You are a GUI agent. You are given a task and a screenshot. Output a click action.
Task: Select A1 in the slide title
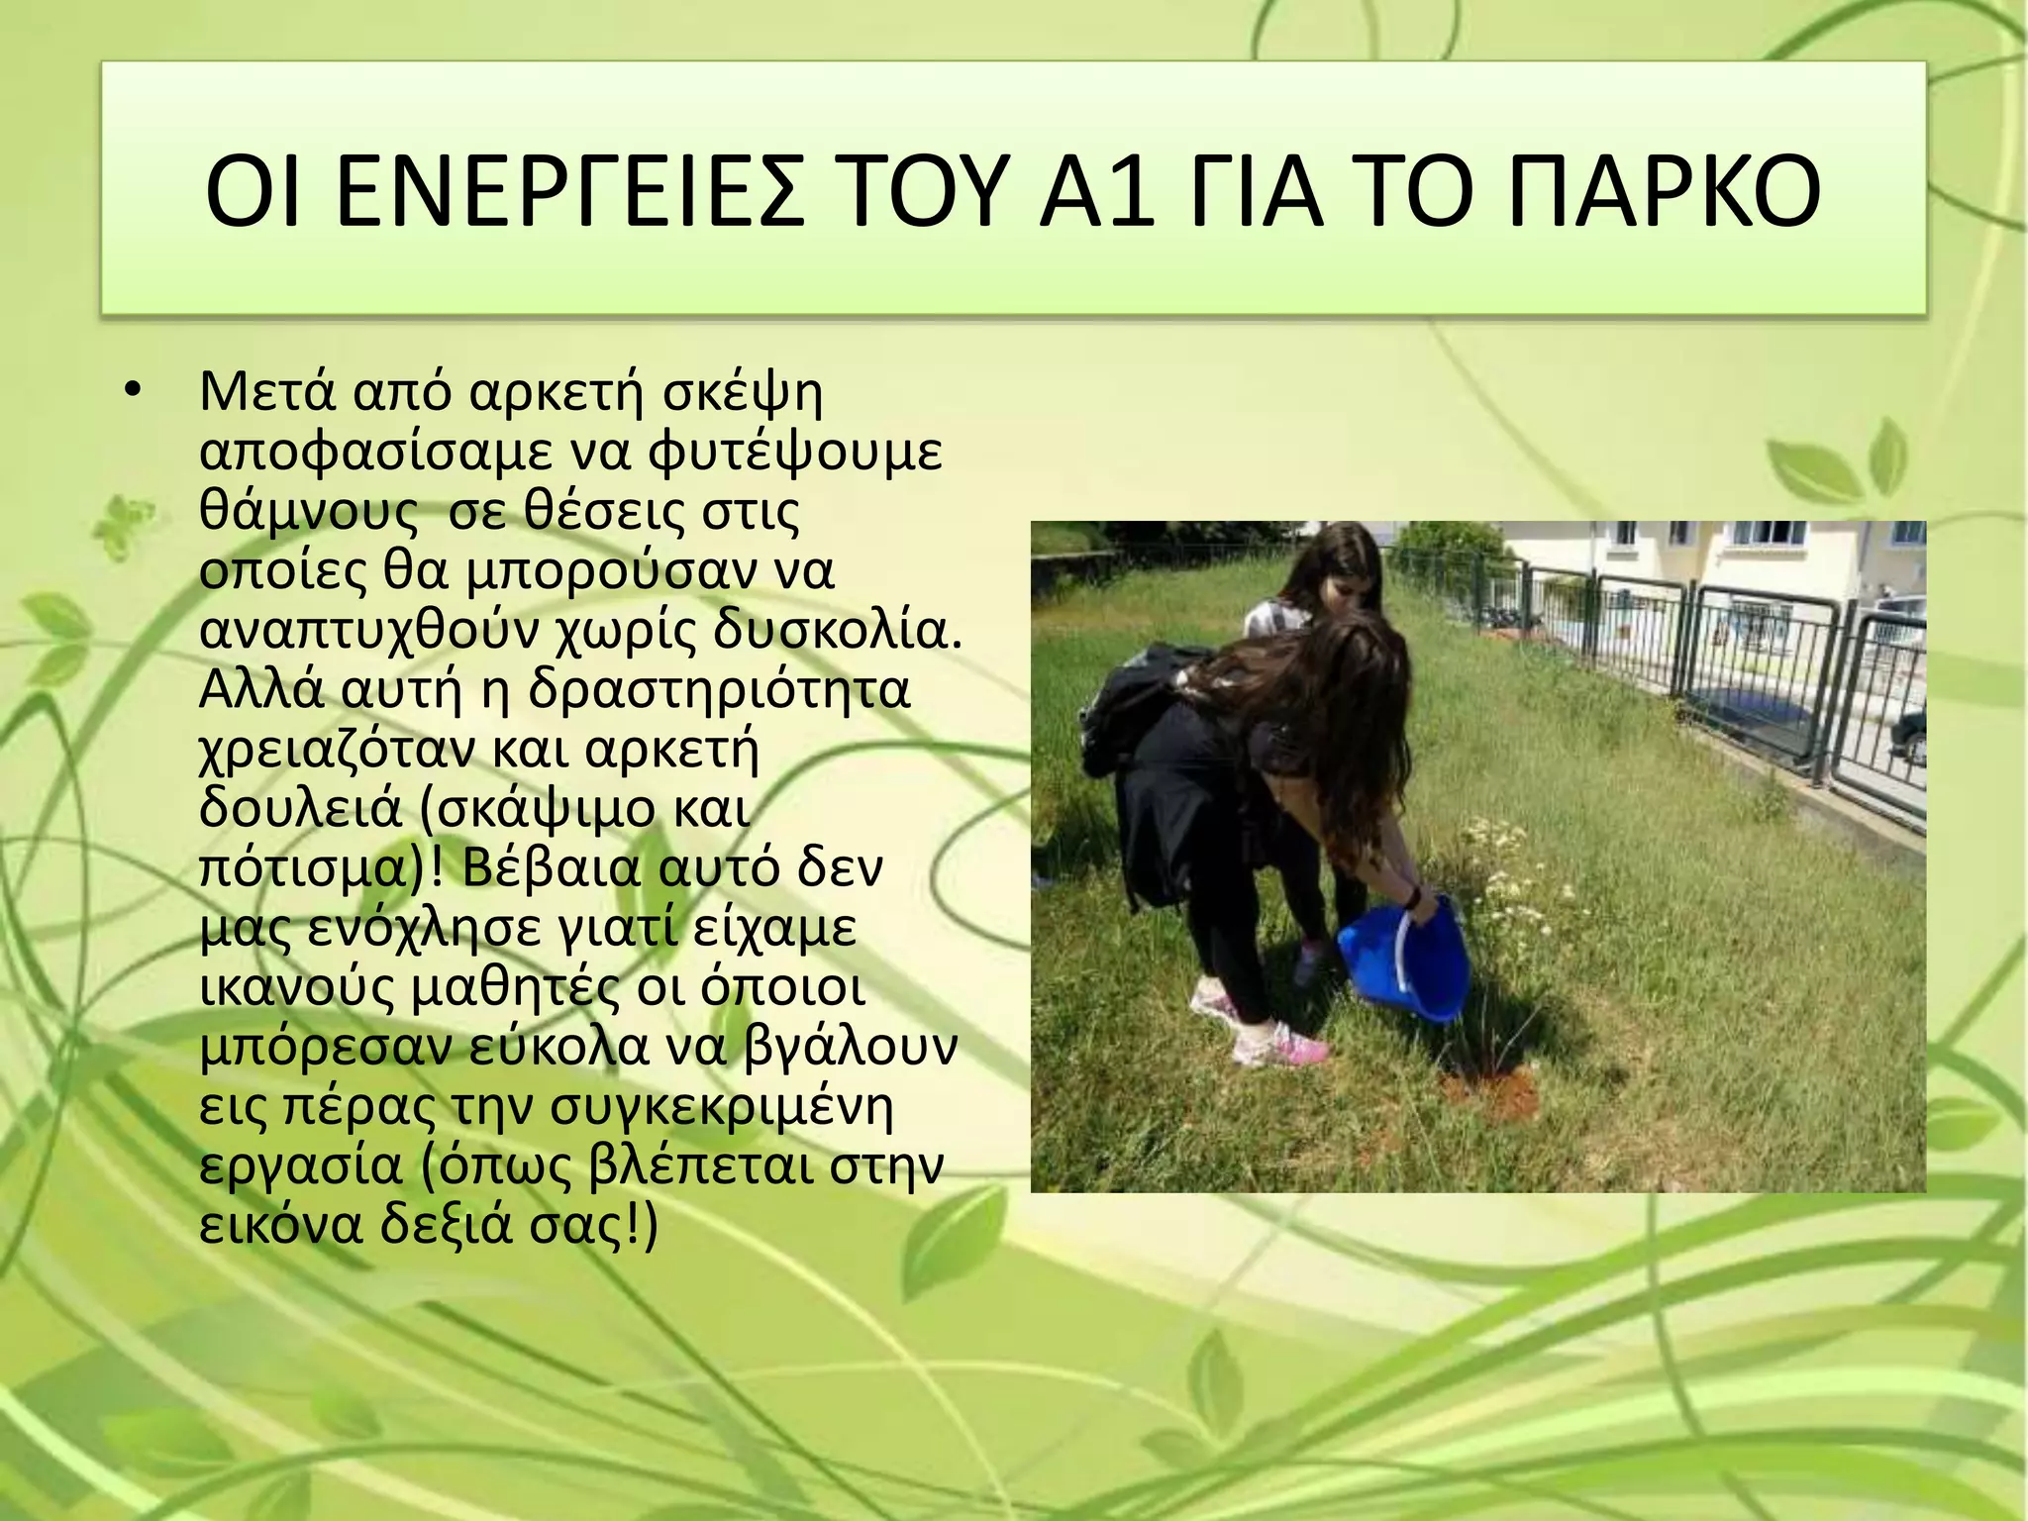(x=1097, y=190)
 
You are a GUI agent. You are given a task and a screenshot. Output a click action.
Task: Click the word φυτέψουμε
(x=795, y=453)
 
